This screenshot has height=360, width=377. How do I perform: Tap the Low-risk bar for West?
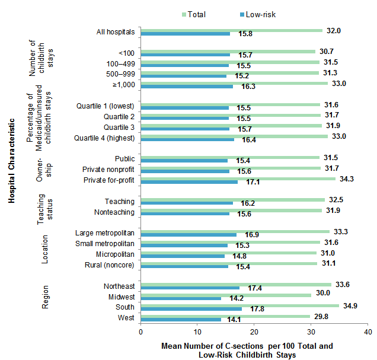[x=181, y=320]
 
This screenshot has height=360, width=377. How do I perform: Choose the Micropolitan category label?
[x=116, y=254]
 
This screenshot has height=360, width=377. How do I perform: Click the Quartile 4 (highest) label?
[x=106, y=138]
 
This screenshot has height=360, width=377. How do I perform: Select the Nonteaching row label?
[x=114, y=212]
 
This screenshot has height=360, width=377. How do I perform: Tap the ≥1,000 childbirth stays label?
[x=122, y=85]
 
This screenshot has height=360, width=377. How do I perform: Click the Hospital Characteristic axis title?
[x=11, y=164]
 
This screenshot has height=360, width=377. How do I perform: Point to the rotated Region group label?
[x=45, y=297]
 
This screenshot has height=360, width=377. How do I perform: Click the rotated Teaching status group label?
[x=46, y=208]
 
